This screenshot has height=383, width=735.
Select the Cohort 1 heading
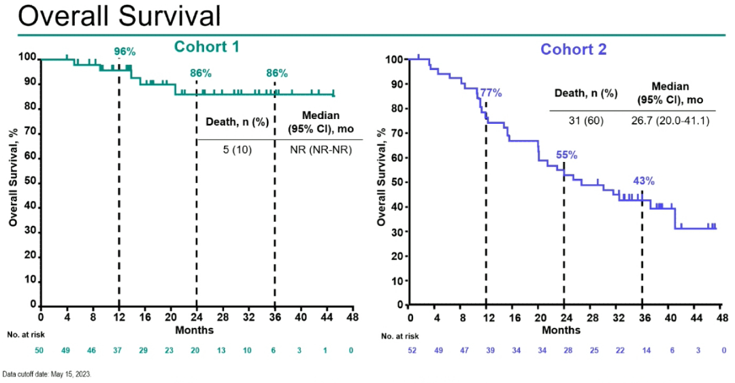tap(206, 47)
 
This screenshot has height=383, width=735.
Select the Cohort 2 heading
tap(574, 49)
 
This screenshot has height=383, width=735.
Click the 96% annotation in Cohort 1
tap(125, 51)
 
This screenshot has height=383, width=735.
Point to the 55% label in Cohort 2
tap(566, 155)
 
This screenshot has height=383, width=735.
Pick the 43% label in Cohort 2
tap(644, 181)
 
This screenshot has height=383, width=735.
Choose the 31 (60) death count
tap(585, 121)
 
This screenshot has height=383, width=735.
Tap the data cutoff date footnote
tap(46, 374)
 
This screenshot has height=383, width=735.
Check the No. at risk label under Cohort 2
tap(400, 336)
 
